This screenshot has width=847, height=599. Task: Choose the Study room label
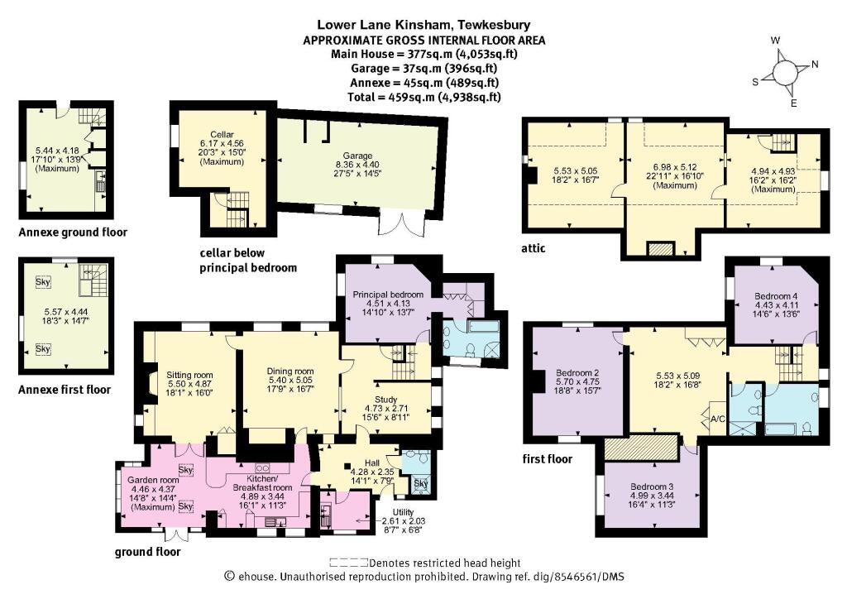[385, 385]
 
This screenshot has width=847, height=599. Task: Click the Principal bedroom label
[388, 295]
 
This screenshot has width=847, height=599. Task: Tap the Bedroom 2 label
[578, 372]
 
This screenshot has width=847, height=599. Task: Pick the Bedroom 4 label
[774, 295]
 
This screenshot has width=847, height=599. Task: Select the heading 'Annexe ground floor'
[73, 232]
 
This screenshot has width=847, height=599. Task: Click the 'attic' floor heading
[534, 248]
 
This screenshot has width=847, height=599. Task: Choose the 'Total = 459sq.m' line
[423, 97]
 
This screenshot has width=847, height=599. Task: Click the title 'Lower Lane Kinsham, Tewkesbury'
[423, 25]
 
